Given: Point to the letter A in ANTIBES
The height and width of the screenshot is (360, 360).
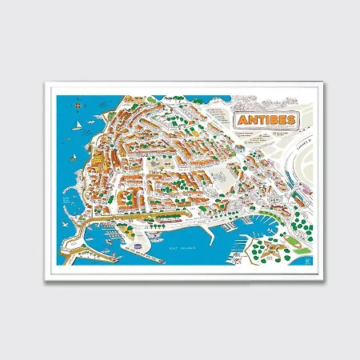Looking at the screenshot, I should tap(242, 121).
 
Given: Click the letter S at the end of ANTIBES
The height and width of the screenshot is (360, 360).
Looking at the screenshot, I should tap(287, 120).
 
